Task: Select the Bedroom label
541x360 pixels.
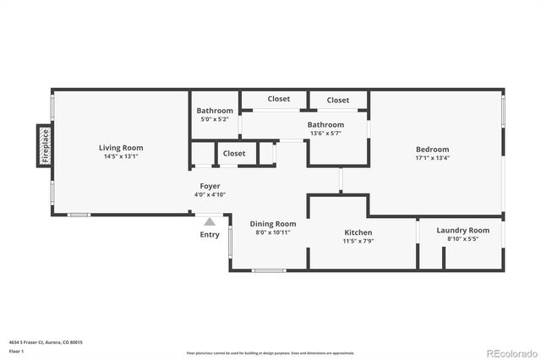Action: click(x=432, y=149)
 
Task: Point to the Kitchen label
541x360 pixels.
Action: click(x=358, y=232)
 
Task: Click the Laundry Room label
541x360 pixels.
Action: click(x=462, y=230)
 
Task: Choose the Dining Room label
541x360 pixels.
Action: click(x=273, y=223)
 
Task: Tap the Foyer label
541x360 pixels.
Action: click(x=210, y=186)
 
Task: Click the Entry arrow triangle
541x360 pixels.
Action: click(x=210, y=221)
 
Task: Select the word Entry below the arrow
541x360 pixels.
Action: click(x=210, y=235)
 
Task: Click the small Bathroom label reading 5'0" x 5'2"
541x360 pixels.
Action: click(x=215, y=111)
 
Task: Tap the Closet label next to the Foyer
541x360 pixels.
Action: click(x=234, y=154)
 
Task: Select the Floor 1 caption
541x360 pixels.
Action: click(x=16, y=351)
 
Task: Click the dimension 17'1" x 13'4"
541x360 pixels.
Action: click(x=432, y=158)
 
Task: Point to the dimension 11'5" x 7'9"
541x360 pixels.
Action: click(x=358, y=242)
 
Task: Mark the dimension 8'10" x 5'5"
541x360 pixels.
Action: click(x=462, y=239)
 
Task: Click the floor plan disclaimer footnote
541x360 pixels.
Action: click(x=270, y=352)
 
